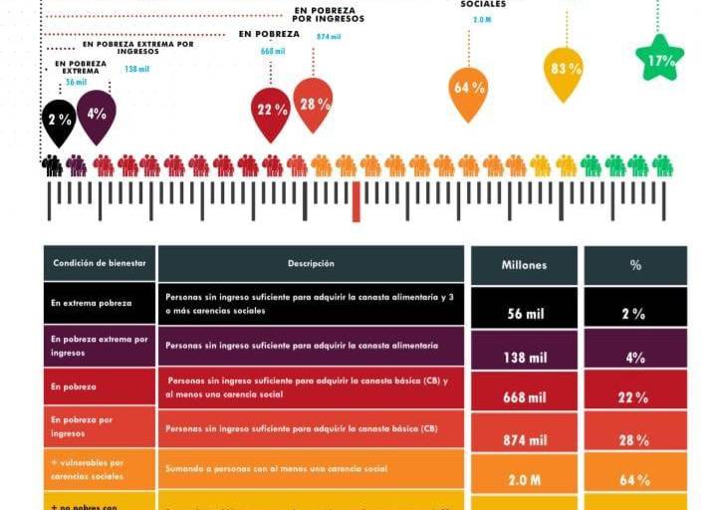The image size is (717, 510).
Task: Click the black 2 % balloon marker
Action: point(60,119)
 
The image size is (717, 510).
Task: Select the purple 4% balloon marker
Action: point(97,114)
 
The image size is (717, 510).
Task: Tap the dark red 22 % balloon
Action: point(271,111)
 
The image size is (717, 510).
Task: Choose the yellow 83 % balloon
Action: point(564,70)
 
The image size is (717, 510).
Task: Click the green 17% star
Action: point(659,59)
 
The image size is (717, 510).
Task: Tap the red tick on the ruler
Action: point(356,201)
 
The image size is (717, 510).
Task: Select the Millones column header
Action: point(523,265)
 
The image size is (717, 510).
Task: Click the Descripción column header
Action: point(311,264)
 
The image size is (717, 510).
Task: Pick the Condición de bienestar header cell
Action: point(99,264)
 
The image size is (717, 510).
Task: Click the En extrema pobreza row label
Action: point(99,303)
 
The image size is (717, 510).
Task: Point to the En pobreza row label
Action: point(99,386)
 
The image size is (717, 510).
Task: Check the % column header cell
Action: point(634,265)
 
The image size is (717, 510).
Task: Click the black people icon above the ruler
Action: point(51,165)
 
